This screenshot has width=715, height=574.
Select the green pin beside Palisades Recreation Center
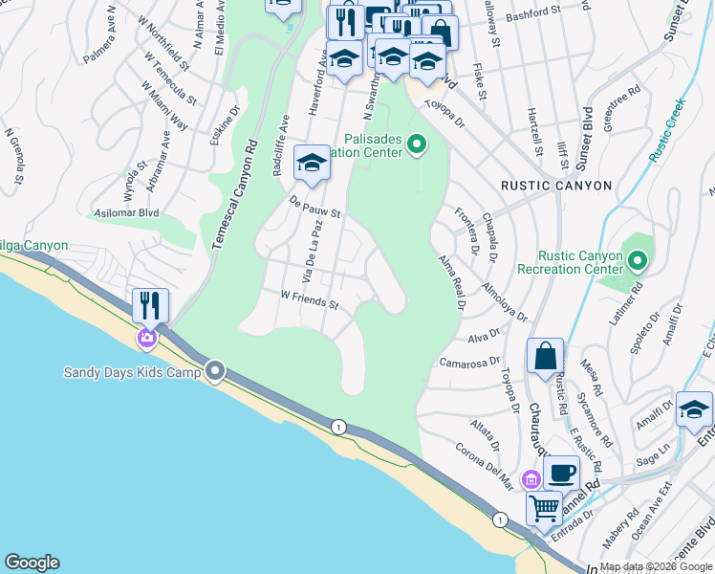pos(416,145)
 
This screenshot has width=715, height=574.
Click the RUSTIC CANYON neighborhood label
pos(557,186)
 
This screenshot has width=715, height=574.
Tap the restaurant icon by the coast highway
pos(150,305)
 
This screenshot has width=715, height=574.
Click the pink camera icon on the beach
pos(147,337)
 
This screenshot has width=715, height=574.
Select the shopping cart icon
pos(544,507)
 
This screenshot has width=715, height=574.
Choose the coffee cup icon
pos(561,472)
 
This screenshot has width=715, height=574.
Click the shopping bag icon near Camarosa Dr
pos(544,356)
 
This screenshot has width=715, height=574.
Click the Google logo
pos(32,563)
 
